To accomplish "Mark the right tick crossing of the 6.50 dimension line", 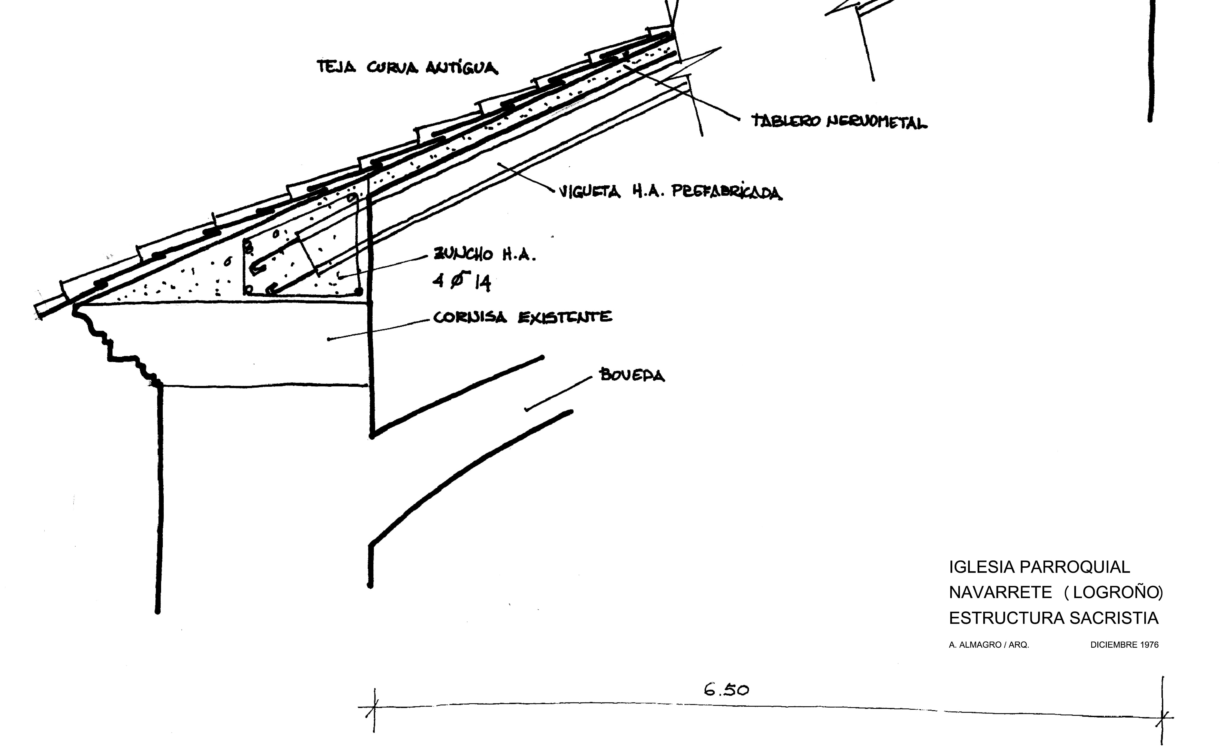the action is (x=1163, y=718).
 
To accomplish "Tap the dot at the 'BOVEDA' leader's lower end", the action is (x=526, y=410).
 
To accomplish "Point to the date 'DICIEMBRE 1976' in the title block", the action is (x=1124, y=645).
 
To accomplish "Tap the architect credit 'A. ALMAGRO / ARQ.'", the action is (x=989, y=645).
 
